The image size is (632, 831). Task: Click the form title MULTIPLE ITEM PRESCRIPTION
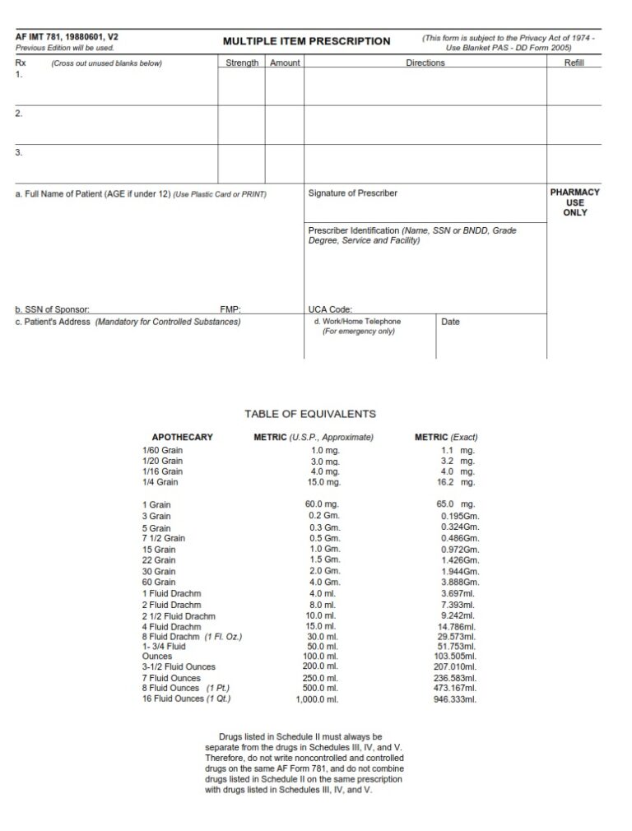[x=306, y=41]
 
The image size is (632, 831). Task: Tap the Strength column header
[x=242, y=63]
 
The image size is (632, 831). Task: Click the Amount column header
[x=285, y=63]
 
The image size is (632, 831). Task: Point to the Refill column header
[x=574, y=63]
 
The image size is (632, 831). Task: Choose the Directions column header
[x=425, y=63]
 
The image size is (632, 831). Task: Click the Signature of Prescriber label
[x=352, y=193]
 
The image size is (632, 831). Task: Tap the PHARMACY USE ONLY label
[x=574, y=202]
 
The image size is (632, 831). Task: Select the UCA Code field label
[x=330, y=310]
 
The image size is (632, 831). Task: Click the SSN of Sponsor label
[x=52, y=310]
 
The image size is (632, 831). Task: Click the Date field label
[x=450, y=322]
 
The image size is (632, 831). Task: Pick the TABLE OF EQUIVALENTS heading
[x=310, y=414]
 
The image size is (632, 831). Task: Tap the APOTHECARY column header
[x=182, y=437]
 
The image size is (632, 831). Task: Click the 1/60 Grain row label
[x=162, y=451]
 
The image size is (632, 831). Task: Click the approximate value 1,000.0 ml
[x=317, y=699]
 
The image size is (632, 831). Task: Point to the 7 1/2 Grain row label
[x=164, y=538]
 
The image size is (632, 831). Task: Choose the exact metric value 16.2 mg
[x=456, y=482]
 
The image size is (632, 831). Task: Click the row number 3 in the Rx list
[x=18, y=152]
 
